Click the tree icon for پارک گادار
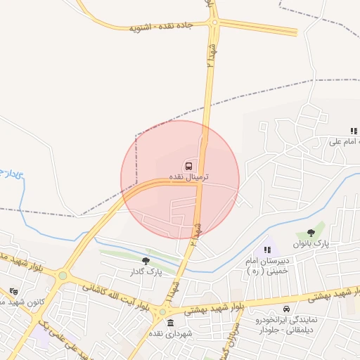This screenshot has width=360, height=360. [x=146, y=261]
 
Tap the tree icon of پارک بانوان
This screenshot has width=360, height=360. [x=311, y=233]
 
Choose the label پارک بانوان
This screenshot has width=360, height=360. [x=311, y=243]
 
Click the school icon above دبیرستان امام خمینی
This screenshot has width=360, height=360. [x=266, y=250]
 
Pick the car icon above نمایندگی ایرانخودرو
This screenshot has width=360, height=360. [x=285, y=309]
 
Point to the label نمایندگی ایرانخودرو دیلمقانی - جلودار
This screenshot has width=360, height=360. [x=285, y=324]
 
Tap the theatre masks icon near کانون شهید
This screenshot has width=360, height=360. [x=14, y=292]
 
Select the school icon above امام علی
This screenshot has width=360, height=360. [x=354, y=131]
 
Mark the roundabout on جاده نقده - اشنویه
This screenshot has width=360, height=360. [x=214, y=22]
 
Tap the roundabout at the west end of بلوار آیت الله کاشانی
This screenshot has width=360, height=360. [x=63, y=276]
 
